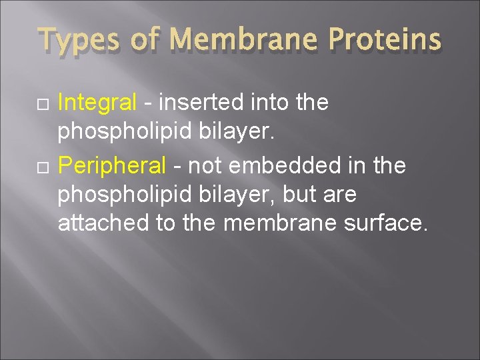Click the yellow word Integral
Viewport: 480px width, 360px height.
(97, 103)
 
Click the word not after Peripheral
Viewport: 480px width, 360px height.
(206, 165)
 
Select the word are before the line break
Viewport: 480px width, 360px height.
(339, 195)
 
